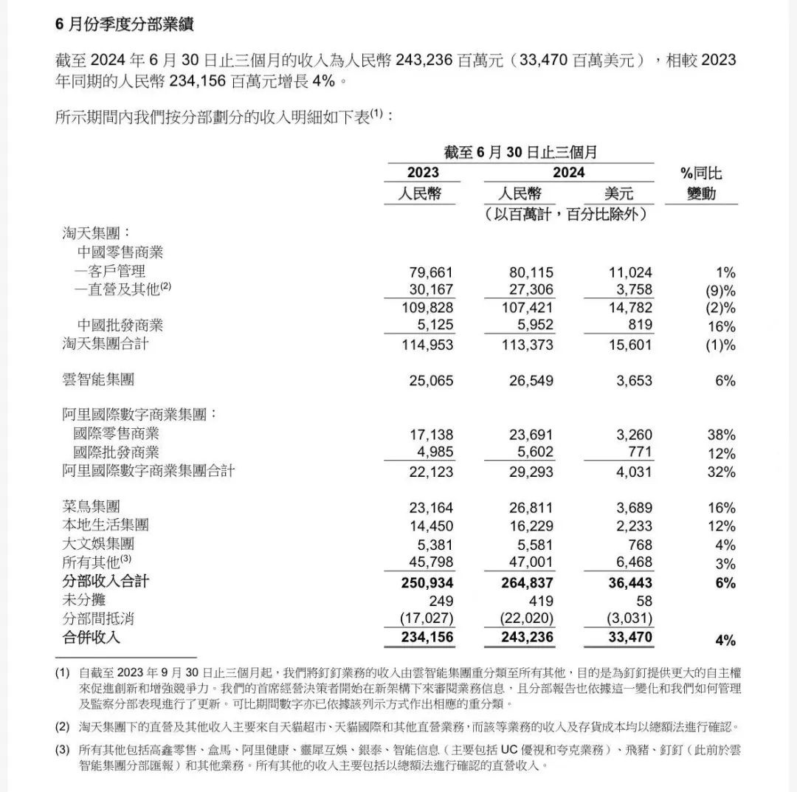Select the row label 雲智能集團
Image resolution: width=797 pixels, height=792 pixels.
[98, 380]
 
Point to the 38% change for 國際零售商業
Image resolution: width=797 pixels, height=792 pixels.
[720, 434]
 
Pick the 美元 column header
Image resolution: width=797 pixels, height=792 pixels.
[618, 194]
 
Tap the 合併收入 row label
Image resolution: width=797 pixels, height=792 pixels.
[91, 637]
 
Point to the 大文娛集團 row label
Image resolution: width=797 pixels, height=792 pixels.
[98, 544]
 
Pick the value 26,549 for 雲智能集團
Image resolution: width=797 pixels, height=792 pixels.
[527, 381]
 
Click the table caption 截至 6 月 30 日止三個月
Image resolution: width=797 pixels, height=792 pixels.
[520, 153]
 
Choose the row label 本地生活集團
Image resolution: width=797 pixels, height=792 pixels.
[106, 526]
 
